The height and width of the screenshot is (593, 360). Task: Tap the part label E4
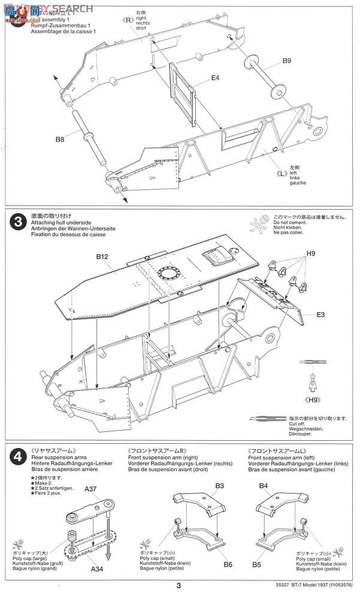pyautogui.click(x=215, y=78)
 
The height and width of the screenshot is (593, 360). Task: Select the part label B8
pyautogui.click(x=59, y=140)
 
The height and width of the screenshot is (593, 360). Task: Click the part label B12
pyautogui.click(x=102, y=256)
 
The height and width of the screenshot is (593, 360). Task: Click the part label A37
pyautogui.click(x=90, y=489)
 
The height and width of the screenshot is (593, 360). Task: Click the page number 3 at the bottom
pyautogui.click(x=179, y=586)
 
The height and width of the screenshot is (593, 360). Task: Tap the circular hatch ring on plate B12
pyautogui.click(x=168, y=273)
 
